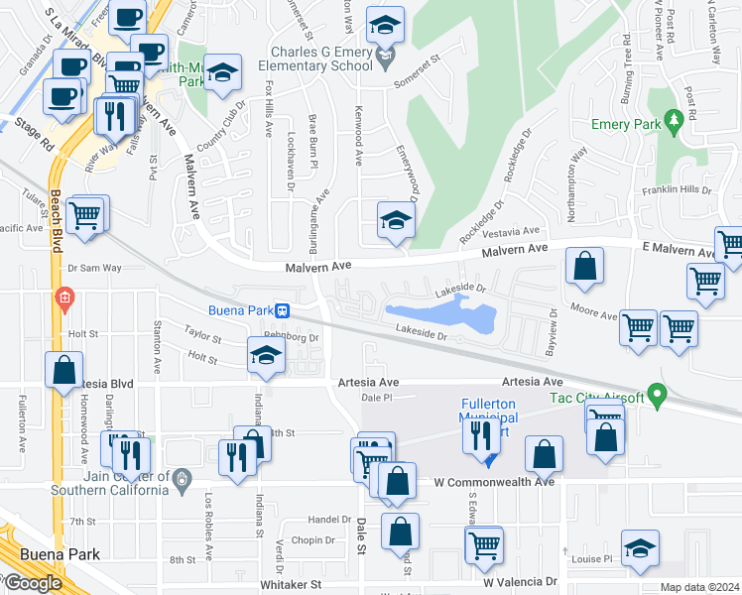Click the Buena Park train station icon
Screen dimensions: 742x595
point(284,310)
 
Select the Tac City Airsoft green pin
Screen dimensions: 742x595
point(655,397)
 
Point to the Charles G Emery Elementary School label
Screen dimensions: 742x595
point(320,59)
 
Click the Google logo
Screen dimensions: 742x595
point(32,583)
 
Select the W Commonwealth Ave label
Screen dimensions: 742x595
point(494,482)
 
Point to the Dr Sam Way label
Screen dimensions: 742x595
point(93,268)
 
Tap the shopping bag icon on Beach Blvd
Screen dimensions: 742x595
point(63,369)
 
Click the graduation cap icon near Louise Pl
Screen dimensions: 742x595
point(640,548)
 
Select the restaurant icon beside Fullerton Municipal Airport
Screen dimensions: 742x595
point(480,433)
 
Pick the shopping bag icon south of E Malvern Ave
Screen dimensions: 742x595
point(585,266)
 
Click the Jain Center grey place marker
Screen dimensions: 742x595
point(181,480)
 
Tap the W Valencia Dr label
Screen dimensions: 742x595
point(521,582)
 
